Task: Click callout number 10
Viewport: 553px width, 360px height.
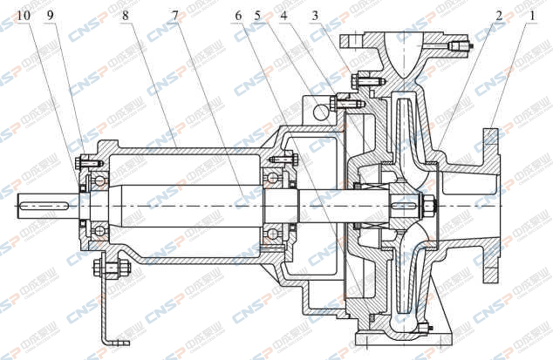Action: click(x=22, y=16)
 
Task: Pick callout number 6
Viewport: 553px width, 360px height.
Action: click(x=238, y=16)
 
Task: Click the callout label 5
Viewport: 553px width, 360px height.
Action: click(x=257, y=16)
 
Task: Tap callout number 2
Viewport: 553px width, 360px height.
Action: click(x=498, y=16)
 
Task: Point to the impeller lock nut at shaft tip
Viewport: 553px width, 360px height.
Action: click(x=432, y=206)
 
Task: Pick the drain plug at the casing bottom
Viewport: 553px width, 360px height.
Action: click(x=424, y=329)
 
